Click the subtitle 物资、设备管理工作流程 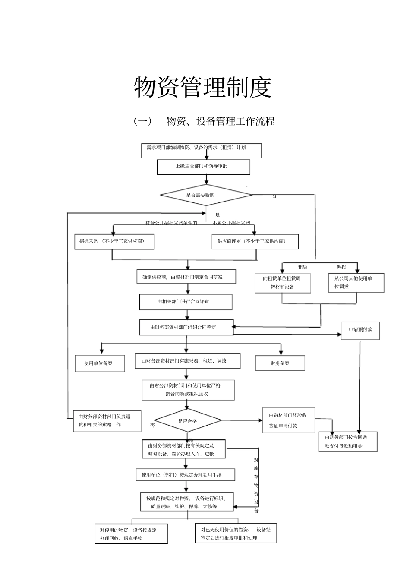point(221,121)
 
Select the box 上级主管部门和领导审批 point(203,167)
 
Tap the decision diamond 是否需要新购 point(206,195)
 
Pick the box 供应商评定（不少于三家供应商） point(255,241)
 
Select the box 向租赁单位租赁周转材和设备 point(283,283)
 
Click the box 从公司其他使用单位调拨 point(356,283)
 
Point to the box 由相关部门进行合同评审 point(186,302)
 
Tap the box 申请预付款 point(360,330)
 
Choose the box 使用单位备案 point(100,363)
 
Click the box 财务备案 point(280,363)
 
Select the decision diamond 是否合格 point(188,421)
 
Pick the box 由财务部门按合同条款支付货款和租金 point(348,442)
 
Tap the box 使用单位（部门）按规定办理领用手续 point(186,475)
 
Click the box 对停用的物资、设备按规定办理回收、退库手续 point(131,534)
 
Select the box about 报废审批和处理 point(236,534)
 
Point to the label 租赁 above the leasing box point(303,267)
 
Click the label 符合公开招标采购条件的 point(171,223)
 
